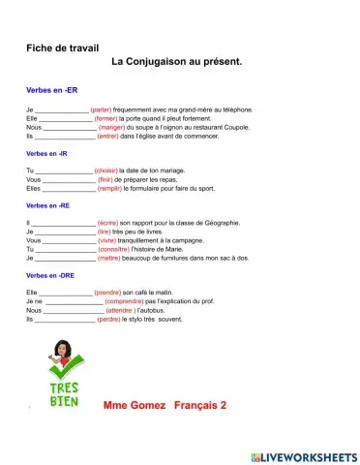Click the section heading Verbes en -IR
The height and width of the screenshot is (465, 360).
pos(46,153)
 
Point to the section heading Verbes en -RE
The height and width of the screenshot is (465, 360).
pos(47,205)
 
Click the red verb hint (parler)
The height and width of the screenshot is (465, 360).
pos(106,109)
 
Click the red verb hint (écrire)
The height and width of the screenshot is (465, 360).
pos(115,224)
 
